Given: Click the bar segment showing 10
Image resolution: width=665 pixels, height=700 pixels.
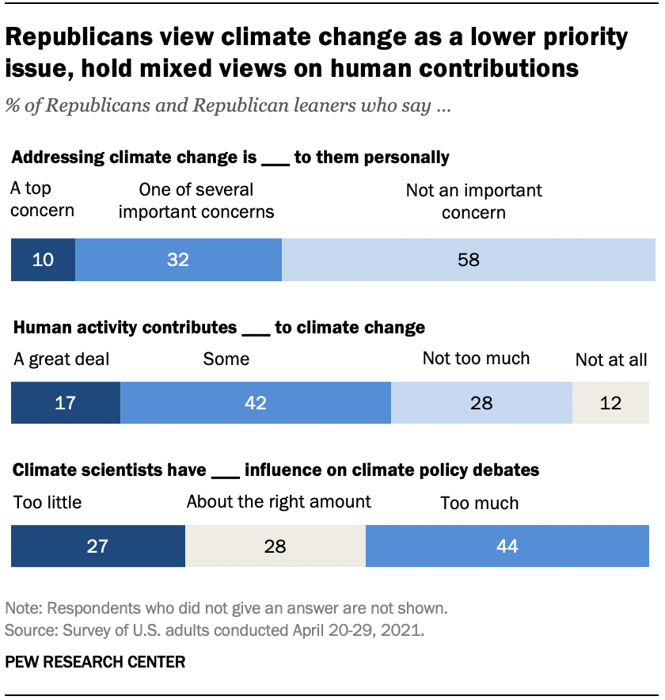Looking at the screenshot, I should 43,259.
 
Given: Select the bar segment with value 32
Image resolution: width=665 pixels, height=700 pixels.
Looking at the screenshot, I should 178,259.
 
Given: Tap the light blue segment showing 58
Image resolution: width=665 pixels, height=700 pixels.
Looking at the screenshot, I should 469,259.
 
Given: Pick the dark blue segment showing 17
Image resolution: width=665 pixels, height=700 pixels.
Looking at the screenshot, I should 65,402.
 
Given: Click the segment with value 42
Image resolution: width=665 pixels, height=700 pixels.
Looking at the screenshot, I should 255,402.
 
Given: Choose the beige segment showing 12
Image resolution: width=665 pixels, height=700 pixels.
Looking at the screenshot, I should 610,402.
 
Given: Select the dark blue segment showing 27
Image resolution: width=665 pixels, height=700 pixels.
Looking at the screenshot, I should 97,546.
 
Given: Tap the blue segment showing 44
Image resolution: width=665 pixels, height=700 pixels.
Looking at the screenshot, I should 507,546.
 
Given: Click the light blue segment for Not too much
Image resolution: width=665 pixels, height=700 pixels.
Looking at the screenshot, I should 481,402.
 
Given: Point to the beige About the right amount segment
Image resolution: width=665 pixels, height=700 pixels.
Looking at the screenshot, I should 275,546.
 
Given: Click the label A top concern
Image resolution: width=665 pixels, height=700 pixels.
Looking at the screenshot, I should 43,200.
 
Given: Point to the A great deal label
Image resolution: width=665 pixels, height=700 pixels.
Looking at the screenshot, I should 62,359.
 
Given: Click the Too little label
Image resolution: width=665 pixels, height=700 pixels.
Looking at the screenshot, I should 47,502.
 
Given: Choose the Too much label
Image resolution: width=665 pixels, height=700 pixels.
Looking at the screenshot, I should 480,503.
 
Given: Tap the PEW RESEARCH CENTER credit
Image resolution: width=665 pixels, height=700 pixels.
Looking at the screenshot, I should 95,662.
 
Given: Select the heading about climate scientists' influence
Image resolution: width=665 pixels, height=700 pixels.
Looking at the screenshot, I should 276,470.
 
